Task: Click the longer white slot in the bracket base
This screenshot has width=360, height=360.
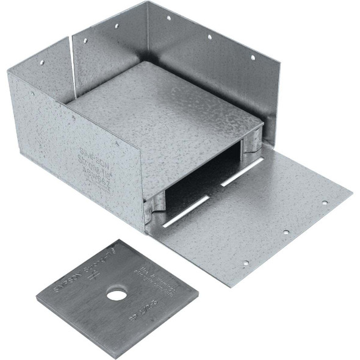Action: point(186,212)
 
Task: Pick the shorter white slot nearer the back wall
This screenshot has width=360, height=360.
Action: point(242,172)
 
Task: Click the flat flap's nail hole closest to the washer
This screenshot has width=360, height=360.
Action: point(245,264)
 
